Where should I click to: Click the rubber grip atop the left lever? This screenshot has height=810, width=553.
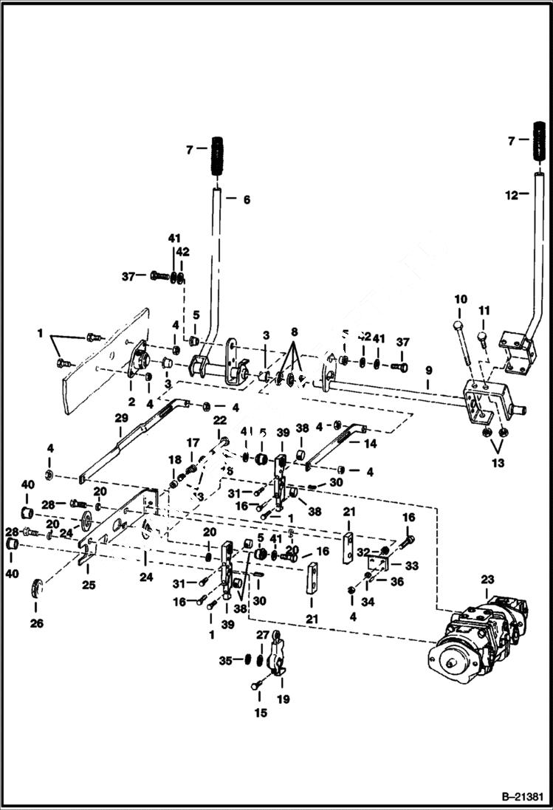tap(217, 156)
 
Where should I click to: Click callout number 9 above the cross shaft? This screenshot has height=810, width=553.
tap(428, 369)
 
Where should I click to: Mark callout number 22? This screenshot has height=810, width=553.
tap(219, 419)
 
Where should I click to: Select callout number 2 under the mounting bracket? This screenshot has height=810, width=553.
tap(131, 402)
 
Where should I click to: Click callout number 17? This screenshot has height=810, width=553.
tap(193, 442)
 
